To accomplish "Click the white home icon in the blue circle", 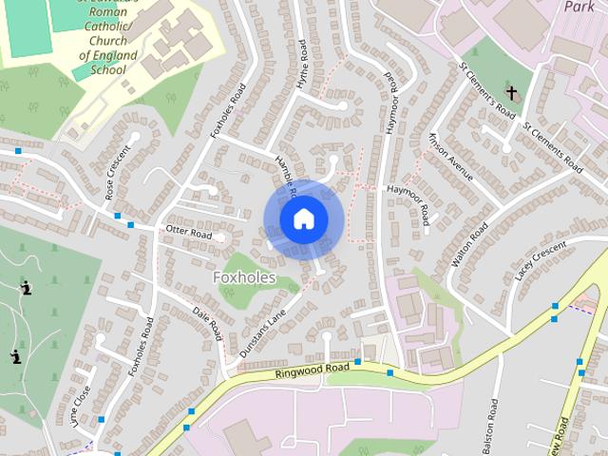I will coord(303,219).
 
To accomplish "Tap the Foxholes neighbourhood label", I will coord(245,277).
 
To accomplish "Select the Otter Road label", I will coord(188,231).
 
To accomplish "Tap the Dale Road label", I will coord(207,323).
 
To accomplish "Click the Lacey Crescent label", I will coord(540,258).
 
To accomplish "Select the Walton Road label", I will coord(471,244).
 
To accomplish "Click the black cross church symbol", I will coord(512,93).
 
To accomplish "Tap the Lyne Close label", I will coord(82,407).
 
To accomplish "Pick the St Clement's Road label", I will coord(486,92).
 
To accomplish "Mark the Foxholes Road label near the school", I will coord(228,110).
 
